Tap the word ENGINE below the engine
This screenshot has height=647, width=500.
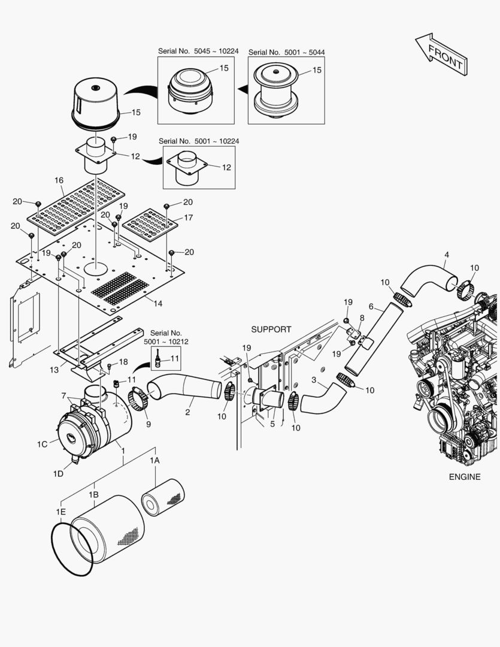(x=464, y=477)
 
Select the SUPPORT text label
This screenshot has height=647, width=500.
(x=271, y=329)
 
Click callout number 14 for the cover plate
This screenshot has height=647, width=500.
(x=157, y=304)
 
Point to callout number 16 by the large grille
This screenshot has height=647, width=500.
(x=59, y=180)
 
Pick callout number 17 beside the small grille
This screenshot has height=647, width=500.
(x=188, y=217)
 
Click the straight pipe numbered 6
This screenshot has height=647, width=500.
(x=365, y=340)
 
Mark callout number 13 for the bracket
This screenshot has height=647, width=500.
(x=54, y=370)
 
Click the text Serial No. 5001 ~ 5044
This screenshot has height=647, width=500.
(x=286, y=52)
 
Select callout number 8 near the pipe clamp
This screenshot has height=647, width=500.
(x=362, y=318)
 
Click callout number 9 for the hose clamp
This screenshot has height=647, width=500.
(x=148, y=424)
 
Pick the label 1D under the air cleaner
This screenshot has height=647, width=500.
(x=57, y=473)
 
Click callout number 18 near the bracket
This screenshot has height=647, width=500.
(x=123, y=362)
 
